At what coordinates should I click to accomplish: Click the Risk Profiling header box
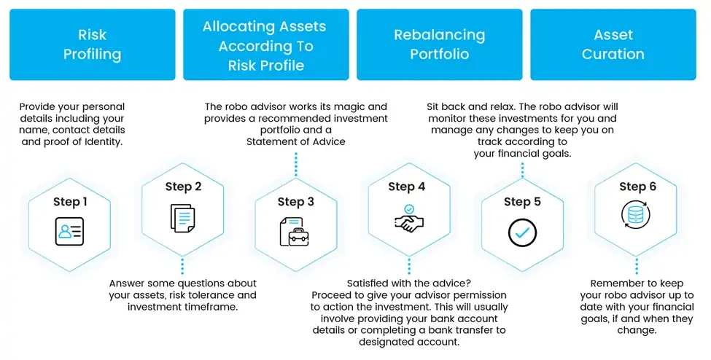(92, 44)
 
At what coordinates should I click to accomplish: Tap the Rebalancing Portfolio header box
(439, 44)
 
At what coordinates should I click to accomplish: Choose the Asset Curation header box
(613, 44)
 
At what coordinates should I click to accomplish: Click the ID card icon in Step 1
(69, 232)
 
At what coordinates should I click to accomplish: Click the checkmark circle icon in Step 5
(522, 232)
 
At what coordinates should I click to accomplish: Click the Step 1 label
(70, 202)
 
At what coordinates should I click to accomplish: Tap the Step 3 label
(295, 202)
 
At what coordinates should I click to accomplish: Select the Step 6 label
(637, 187)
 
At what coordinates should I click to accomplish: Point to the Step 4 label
(407, 187)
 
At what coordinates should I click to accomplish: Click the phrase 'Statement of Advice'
(295, 141)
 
